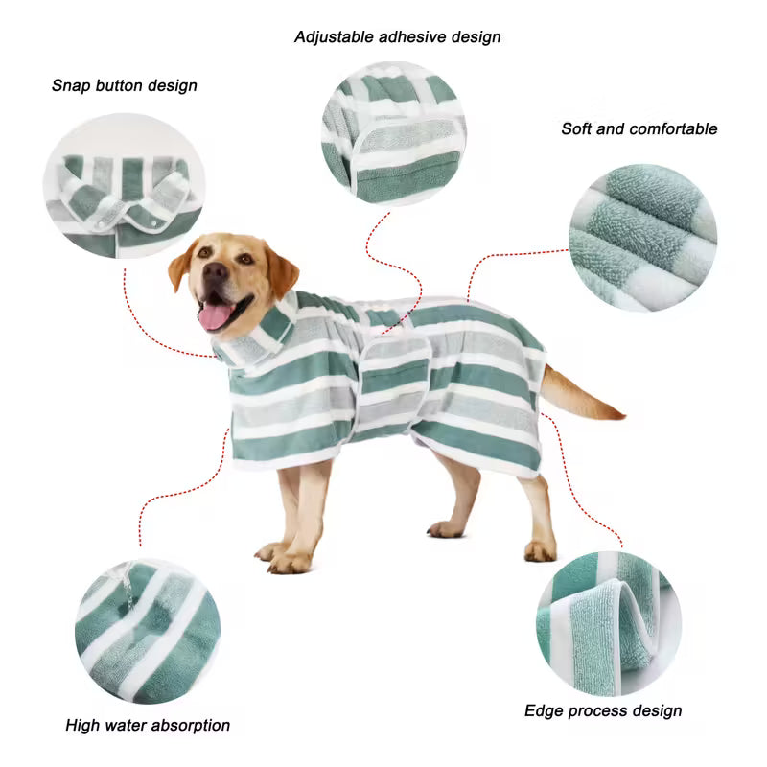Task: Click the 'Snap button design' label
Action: (x=125, y=85)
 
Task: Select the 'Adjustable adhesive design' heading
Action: (x=397, y=37)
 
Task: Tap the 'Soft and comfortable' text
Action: (x=639, y=128)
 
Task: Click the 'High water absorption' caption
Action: (x=148, y=725)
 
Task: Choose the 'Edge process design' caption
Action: (x=603, y=710)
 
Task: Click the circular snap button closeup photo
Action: (x=124, y=187)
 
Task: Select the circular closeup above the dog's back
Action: (x=394, y=132)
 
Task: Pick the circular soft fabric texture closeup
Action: (x=641, y=237)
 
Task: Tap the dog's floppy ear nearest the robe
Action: (x=281, y=272)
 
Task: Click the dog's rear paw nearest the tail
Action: (x=540, y=550)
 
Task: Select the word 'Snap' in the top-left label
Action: (x=71, y=85)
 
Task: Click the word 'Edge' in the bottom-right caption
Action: (x=544, y=710)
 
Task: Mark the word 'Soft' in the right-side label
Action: (x=576, y=128)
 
